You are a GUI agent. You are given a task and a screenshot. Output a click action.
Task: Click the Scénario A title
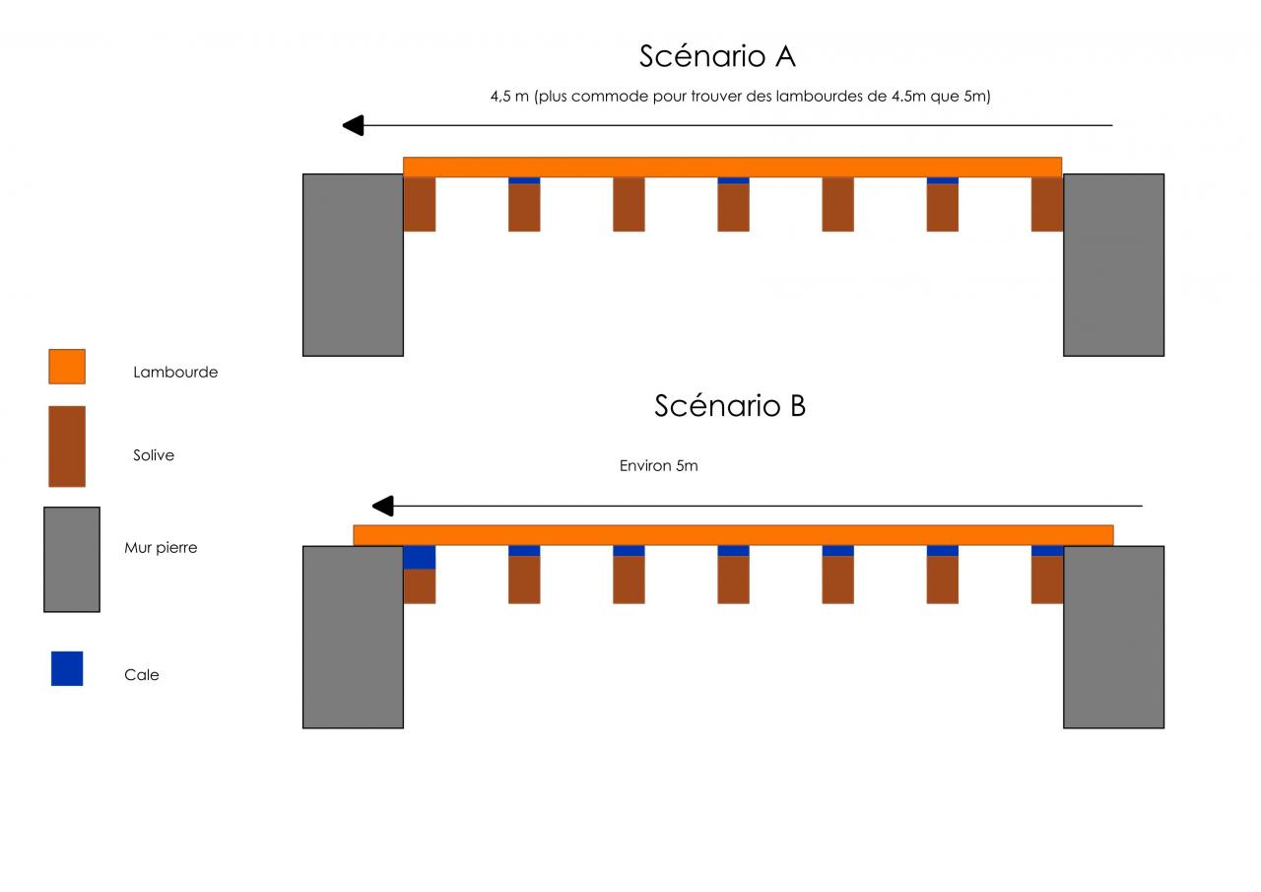pos(717,56)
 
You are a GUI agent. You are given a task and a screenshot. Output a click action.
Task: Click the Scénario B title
pos(730,405)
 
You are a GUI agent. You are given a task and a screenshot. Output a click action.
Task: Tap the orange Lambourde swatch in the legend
pos(67,367)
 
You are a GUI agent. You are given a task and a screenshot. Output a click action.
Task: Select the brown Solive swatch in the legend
pos(67,446)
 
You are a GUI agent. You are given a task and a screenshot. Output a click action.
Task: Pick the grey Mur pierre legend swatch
pos(72,560)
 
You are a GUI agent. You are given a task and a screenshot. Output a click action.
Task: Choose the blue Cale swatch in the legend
pos(67,668)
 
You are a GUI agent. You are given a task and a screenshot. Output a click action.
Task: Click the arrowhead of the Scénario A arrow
pos(353,125)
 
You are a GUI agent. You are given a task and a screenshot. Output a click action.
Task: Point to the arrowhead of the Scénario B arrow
pos(382,507)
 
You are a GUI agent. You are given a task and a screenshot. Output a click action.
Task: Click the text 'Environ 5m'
pos(658,466)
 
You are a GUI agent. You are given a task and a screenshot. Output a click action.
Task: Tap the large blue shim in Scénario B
pos(420,558)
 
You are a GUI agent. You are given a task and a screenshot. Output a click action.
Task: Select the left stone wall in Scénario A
pos(353,265)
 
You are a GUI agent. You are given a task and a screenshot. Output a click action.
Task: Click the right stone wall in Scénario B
pos(1113,638)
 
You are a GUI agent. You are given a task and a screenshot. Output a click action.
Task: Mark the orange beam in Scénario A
pos(732,167)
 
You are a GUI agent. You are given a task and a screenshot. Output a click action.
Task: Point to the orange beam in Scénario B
pos(733,535)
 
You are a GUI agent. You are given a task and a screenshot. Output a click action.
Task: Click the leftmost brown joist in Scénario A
pos(420,204)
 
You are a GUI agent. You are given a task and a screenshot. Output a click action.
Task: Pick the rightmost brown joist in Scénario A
pos(1047,204)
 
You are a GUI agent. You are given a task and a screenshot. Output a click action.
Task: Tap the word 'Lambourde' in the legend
pos(175,373)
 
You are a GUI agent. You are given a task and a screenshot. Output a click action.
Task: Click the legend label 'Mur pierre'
pos(161,548)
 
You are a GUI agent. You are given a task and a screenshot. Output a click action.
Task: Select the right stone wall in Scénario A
pos(1113,265)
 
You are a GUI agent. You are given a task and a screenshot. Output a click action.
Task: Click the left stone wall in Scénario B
pos(353,638)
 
